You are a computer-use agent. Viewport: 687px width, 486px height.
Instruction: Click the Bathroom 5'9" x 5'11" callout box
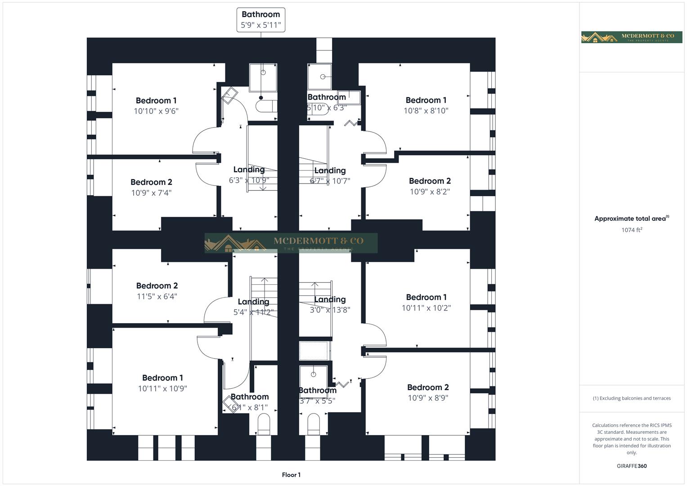click(x=260, y=20)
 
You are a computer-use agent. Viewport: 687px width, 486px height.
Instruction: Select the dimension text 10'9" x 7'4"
click(x=151, y=193)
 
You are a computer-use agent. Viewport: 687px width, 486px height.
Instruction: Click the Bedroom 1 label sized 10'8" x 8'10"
click(x=426, y=100)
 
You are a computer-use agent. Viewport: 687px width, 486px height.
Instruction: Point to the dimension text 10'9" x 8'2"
click(x=430, y=192)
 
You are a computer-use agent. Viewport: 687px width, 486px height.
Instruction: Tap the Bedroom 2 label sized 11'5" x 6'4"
click(x=157, y=286)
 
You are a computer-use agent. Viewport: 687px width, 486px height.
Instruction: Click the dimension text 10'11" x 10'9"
click(x=162, y=389)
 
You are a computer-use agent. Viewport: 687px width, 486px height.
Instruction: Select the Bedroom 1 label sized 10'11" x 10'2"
click(x=426, y=297)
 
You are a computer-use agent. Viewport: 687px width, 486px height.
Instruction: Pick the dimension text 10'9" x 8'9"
click(x=428, y=398)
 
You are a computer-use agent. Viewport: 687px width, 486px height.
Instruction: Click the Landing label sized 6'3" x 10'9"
click(x=249, y=170)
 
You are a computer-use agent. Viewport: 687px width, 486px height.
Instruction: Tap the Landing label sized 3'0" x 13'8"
click(x=330, y=300)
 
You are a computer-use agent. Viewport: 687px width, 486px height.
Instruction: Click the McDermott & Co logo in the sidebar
click(x=631, y=37)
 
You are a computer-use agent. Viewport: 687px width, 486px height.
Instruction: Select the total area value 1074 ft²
click(x=632, y=230)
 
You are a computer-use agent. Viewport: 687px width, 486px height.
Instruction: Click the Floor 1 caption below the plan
click(x=291, y=475)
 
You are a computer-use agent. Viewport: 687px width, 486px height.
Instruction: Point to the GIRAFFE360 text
click(x=632, y=466)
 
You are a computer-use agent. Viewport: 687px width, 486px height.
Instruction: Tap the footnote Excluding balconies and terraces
click(x=632, y=398)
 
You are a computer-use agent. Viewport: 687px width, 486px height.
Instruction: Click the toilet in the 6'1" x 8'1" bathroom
click(x=263, y=423)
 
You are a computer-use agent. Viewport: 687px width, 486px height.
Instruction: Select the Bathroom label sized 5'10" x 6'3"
click(x=327, y=97)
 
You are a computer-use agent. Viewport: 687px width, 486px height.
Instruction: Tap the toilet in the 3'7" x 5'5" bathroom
click(x=314, y=423)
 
